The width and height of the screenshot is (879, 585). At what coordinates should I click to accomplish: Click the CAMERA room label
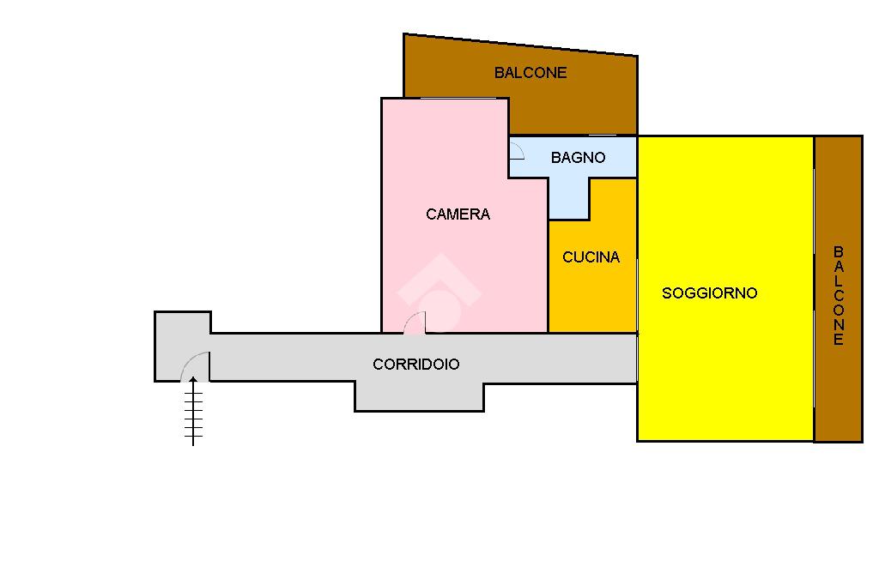coord(458,214)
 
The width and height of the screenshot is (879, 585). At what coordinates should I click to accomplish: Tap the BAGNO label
coord(578,158)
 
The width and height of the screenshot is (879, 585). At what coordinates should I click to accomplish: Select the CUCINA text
coord(591,257)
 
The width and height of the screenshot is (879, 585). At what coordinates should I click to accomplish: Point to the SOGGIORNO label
coord(709,293)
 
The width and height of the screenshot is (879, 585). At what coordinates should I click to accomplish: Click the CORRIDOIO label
coord(415,365)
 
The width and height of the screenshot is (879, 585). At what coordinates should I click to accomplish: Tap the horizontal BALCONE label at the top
coord(530,73)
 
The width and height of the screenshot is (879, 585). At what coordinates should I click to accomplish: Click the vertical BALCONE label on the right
coord(839,295)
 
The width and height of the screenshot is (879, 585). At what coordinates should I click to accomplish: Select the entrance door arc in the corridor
coord(194,364)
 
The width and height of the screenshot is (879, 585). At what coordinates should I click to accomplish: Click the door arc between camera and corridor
coord(415,322)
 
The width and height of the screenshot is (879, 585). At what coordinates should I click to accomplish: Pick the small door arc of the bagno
coord(517,151)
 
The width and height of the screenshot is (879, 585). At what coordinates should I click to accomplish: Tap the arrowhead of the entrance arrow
coord(193,381)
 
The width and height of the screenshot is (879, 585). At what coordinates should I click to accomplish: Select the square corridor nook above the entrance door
coord(183,330)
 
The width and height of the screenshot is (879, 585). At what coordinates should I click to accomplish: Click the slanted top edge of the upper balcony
coord(520,45)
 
